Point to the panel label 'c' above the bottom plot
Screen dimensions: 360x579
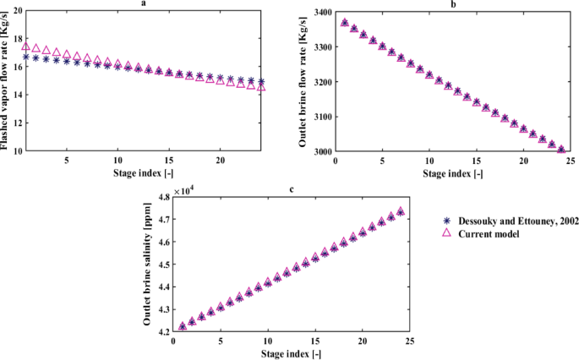[x=292, y=188]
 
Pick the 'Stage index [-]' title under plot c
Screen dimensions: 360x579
[x=292, y=354]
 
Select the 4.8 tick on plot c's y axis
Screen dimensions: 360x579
[x=160, y=196]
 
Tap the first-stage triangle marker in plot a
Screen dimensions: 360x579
[x=26, y=46]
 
